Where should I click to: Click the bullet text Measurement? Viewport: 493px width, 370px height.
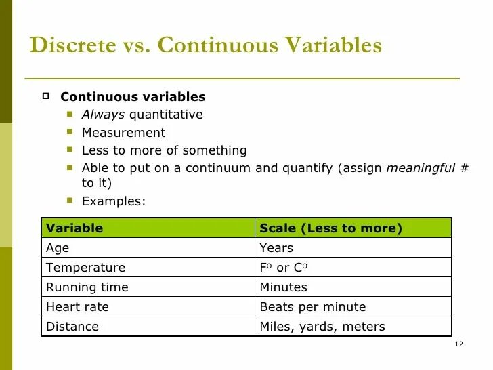123,133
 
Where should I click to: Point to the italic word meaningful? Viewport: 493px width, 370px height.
420,168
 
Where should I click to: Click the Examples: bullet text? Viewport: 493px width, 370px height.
113,201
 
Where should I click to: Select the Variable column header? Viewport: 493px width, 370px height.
74,228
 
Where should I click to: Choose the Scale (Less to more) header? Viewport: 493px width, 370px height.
330,228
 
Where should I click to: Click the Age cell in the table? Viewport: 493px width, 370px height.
58,248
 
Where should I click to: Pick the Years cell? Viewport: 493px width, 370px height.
276,248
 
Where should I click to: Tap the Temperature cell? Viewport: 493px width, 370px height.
85,268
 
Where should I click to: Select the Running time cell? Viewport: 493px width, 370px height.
87,287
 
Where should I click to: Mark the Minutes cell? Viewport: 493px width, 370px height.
283,287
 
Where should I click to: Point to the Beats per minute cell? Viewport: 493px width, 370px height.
312,307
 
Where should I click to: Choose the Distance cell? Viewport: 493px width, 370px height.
72,327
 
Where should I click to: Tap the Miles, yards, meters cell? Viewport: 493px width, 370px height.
322,327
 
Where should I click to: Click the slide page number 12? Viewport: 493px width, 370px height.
458,345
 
